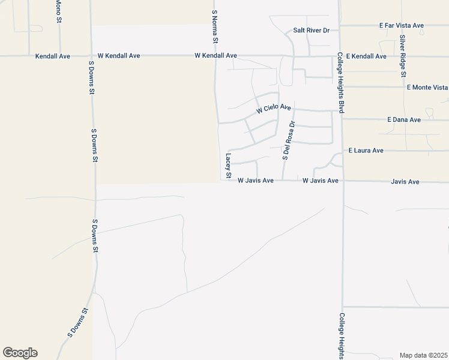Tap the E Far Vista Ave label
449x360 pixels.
[402, 26]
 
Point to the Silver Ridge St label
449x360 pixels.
[403, 55]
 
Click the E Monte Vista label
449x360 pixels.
[427, 87]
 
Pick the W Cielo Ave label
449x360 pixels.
[273, 109]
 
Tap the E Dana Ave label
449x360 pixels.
[404, 120]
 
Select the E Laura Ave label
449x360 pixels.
[366, 150]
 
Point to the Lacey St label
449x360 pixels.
[228, 166]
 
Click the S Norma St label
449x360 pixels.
[214, 26]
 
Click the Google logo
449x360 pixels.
[20, 353]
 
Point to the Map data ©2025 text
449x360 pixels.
[423, 355]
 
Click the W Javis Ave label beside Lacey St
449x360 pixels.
[256, 180]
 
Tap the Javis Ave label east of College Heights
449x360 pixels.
[405, 181]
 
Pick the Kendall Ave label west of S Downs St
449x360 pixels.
[53, 56]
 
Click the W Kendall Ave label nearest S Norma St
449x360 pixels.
[215, 56]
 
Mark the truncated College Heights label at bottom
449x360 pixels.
[341, 336]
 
